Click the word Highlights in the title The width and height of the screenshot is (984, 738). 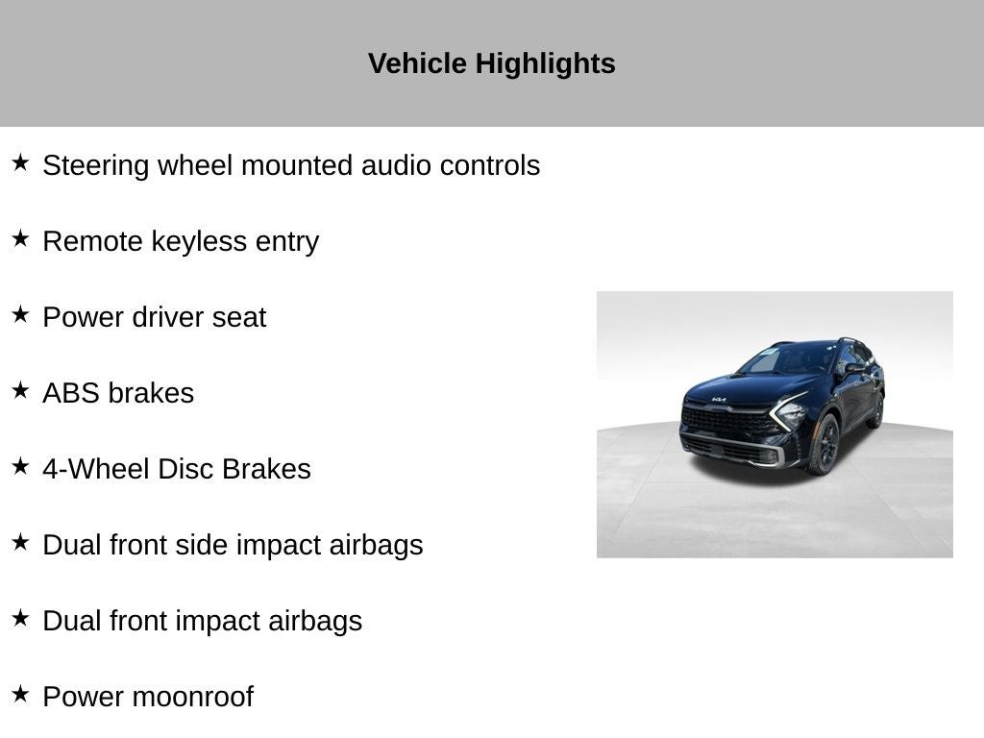click(x=546, y=64)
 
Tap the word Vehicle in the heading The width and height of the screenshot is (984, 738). click(x=417, y=63)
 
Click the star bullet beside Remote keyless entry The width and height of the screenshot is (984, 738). click(x=20, y=238)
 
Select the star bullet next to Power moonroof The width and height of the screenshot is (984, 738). click(x=20, y=694)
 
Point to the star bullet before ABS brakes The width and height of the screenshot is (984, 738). click(x=20, y=390)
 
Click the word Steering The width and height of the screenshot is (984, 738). click(x=96, y=166)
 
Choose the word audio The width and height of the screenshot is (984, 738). click(x=397, y=165)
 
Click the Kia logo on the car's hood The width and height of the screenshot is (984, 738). click(x=719, y=399)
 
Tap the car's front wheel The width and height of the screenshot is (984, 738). click(x=824, y=444)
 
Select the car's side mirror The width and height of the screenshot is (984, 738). click(x=853, y=369)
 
